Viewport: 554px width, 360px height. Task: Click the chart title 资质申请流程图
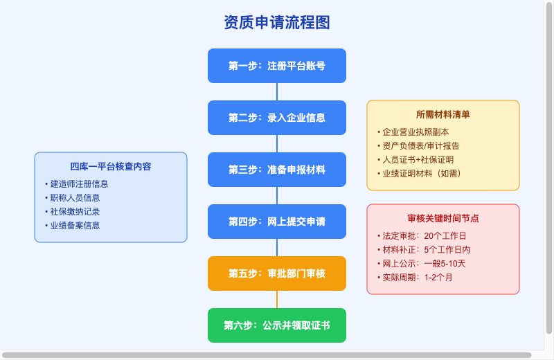pyautogui.click(x=277, y=22)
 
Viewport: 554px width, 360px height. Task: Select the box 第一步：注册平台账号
pyautogui.click(x=277, y=66)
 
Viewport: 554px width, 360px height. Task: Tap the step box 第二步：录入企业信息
pyautogui.click(x=277, y=118)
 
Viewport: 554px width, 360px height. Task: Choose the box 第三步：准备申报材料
pyautogui.click(x=277, y=170)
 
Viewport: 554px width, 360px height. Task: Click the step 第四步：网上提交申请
pyautogui.click(x=277, y=222)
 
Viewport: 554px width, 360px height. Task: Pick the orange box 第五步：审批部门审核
pyautogui.click(x=277, y=273)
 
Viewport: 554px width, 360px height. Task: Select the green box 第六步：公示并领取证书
pyautogui.click(x=277, y=325)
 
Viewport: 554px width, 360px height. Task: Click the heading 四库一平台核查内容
pyautogui.click(x=111, y=166)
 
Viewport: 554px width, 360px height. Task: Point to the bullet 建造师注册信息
pyautogui.click(x=79, y=184)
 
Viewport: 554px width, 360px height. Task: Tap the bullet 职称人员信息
pyautogui.click(x=75, y=198)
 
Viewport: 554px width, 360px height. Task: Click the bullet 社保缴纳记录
pyautogui.click(x=75, y=212)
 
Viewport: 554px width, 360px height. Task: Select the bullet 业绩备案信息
pyautogui.click(x=75, y=226)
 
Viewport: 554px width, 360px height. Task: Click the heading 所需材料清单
pyautogui.click(x=443, y=114)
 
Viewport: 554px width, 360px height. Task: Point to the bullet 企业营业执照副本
pyautogui.click(x=415, y=132)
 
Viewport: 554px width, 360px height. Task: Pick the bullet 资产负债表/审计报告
pyautogui.click(x=420, y=146)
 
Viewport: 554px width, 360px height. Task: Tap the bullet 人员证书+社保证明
pyautogui.click(x=418, y=160)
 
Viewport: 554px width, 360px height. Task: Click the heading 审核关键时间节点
pyautogui.click(x=443, y=218)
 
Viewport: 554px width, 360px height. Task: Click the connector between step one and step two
pyautogui.click(x=277, y=92)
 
